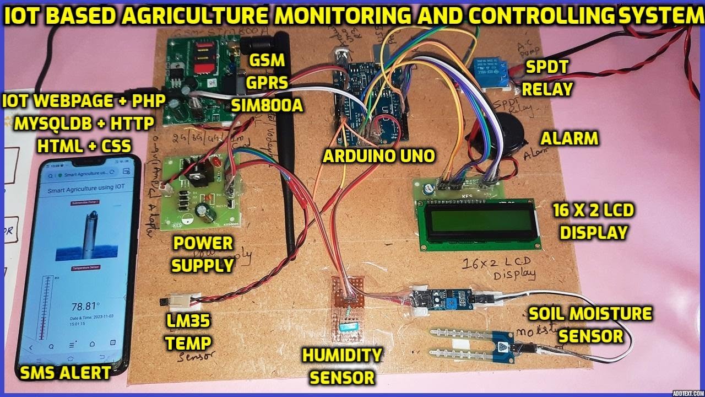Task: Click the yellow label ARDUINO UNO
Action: point(378,156)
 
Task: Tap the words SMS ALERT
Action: point(65,373)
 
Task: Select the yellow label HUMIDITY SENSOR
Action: point(342,366)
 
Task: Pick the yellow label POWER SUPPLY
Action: point(203,254)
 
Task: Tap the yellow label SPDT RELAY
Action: point(547,78)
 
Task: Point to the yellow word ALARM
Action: point(570,138)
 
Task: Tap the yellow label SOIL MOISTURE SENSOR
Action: point(590,325)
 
